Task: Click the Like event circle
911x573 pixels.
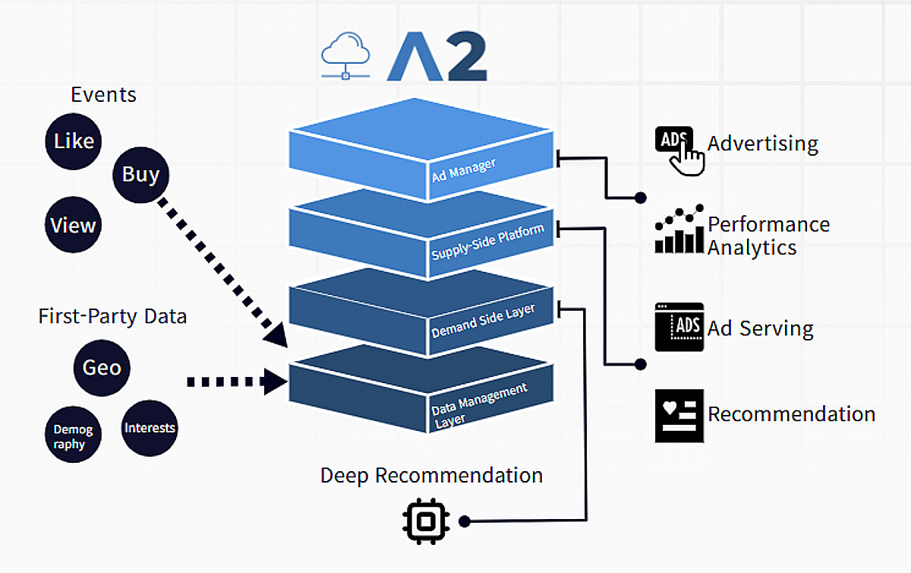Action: coord(74,141)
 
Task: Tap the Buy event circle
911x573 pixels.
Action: coord(141,174)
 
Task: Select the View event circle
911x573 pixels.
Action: coord(73,225)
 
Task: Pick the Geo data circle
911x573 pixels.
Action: coord(102,368)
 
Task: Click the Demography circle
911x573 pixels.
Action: coord(73,436)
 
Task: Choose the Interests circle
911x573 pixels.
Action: coord(150,428)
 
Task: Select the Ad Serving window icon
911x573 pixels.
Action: coord(679,327)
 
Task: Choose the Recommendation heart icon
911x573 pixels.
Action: coord(679,415)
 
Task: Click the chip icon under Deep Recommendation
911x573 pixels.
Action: coord(426,521)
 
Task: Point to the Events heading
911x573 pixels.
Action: coord(103,95)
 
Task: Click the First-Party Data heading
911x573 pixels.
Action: coord(112,316)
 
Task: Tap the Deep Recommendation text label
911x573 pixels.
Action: coord(431,476)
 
